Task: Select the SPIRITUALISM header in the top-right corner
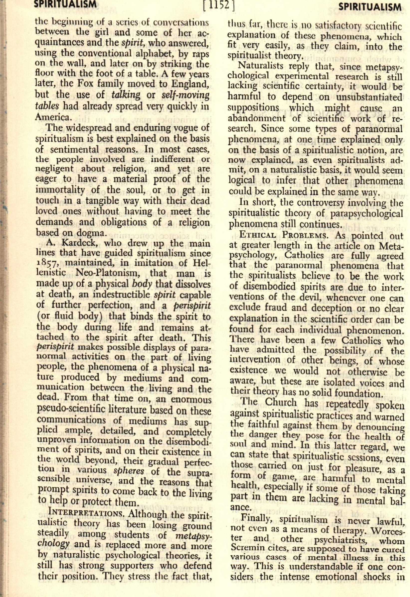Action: tap(370, 7)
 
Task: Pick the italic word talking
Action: tap(126, 95)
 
